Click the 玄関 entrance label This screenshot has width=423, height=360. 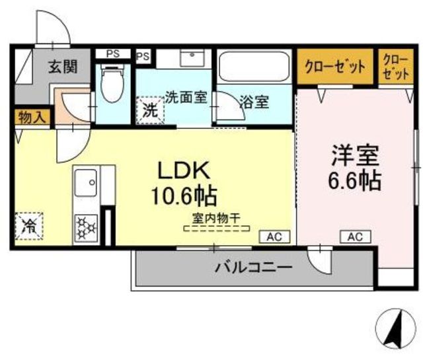point(63,67)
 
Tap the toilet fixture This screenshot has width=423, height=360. point(112,83)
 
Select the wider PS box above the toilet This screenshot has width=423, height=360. point(113,54)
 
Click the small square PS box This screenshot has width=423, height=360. point(143,56)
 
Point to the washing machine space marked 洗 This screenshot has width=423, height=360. point(150,110)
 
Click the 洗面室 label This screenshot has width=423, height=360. point(186,97)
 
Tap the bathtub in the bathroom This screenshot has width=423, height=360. point(254,66)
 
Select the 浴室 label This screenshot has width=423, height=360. point(254,102)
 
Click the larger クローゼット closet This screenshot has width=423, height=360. point(335,66)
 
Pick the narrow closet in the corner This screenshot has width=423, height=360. point(396,66)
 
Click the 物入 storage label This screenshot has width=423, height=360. point(32,118)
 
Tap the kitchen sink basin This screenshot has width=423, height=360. point(86,182)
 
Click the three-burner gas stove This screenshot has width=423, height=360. point(86,228)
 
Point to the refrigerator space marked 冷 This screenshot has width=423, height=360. point(29,226)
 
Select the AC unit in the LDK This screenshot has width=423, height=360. point(275,237)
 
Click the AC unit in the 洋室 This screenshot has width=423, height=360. point(356,237)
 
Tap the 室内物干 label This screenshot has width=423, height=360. point(216,218)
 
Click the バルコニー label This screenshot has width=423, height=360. point(254,268)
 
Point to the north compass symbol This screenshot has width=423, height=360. point(396,328)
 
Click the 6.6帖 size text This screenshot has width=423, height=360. point(354,181)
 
